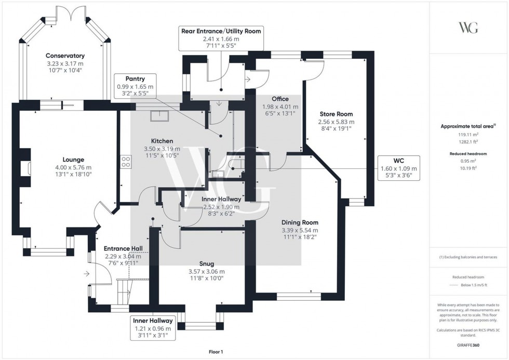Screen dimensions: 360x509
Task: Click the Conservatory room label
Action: pos(65,56)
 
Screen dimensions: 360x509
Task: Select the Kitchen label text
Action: pos(162,141)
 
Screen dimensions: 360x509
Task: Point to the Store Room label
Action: pos(336,114)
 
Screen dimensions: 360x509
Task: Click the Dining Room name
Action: pos(300,222)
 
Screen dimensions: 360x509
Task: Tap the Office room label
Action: pos(279,99)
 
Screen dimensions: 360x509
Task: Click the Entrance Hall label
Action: pos(123,248)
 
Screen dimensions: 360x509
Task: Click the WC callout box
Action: pos(399,168)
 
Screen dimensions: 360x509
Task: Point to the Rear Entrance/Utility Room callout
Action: pos(220,38)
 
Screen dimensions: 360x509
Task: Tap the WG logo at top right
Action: pos(468,28)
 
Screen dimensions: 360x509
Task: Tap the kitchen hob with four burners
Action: pos(125,162)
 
